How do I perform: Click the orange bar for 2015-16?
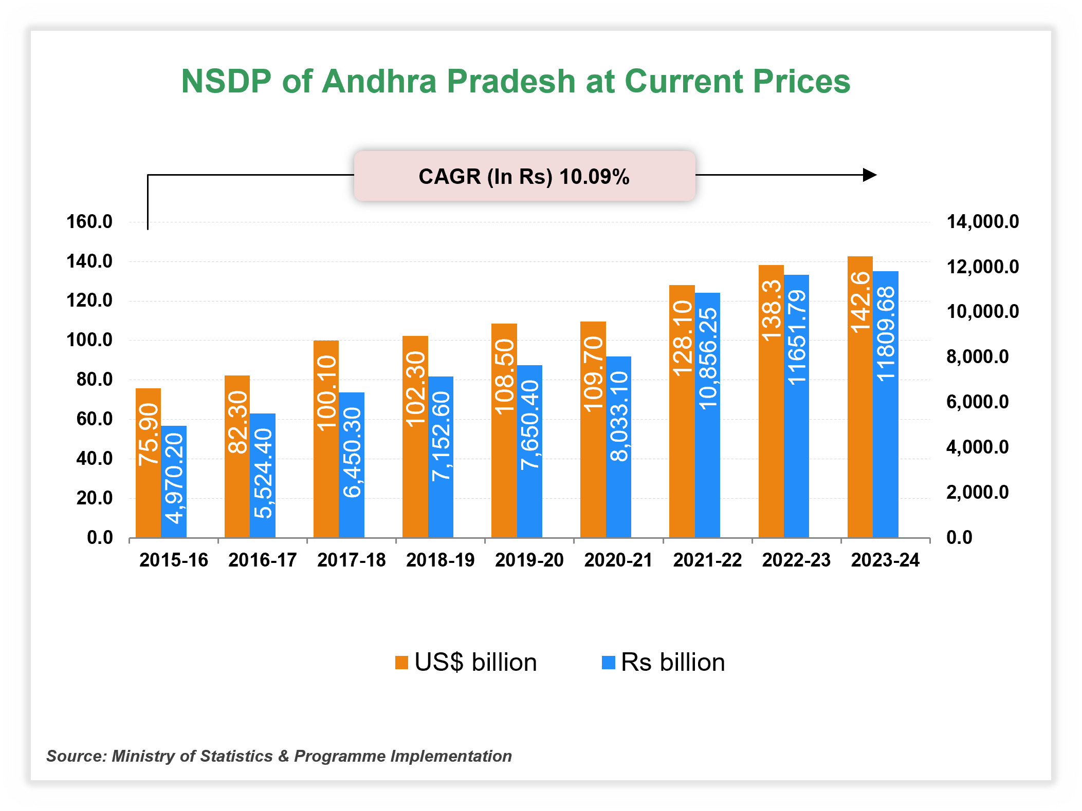[x=148, y=493]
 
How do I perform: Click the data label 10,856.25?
[x=708, y=358]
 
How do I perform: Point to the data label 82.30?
[x=237, y=422]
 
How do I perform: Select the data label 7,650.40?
[x=529, y=425]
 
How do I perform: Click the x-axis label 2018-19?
[x=440, y=560]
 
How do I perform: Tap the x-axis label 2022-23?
[x=796, y=560]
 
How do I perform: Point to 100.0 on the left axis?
[x=89, y=340]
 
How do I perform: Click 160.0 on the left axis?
[x=89, y=222]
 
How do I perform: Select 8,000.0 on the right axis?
[x=977, y=356]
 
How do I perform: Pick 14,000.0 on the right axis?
[x=982, y=222]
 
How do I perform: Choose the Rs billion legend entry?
[x=663, y=662]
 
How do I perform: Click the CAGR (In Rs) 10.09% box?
[x=524, y=176]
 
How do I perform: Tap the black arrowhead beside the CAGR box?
[x=870, y=175]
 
